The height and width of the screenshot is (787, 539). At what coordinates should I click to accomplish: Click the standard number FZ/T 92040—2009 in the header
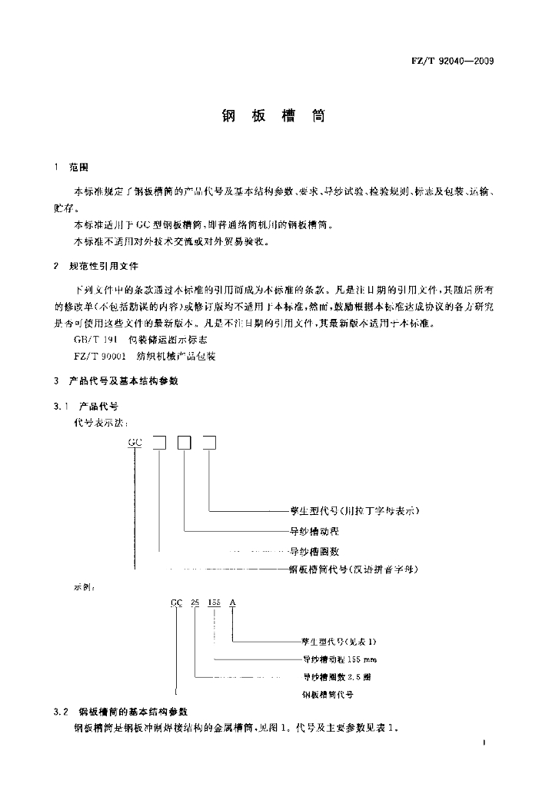450,61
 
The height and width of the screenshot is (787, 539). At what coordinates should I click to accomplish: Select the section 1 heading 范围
79,167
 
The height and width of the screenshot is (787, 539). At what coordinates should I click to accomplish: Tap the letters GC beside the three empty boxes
135,442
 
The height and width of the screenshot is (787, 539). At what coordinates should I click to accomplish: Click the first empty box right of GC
159,442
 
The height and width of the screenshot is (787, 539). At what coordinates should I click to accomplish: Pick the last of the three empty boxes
208,442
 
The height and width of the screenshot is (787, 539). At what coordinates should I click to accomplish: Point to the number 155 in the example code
213,604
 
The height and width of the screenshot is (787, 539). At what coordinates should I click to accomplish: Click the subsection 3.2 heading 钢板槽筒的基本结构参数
133,712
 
